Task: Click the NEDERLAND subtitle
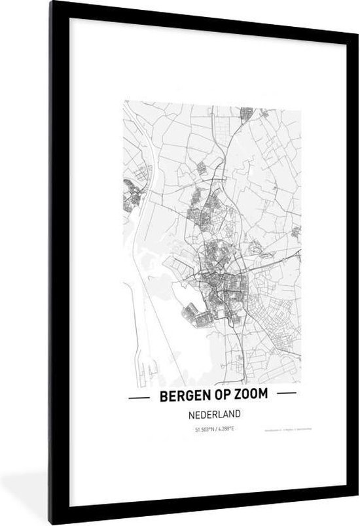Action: coord(213,413)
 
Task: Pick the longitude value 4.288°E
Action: coord(225,429)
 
